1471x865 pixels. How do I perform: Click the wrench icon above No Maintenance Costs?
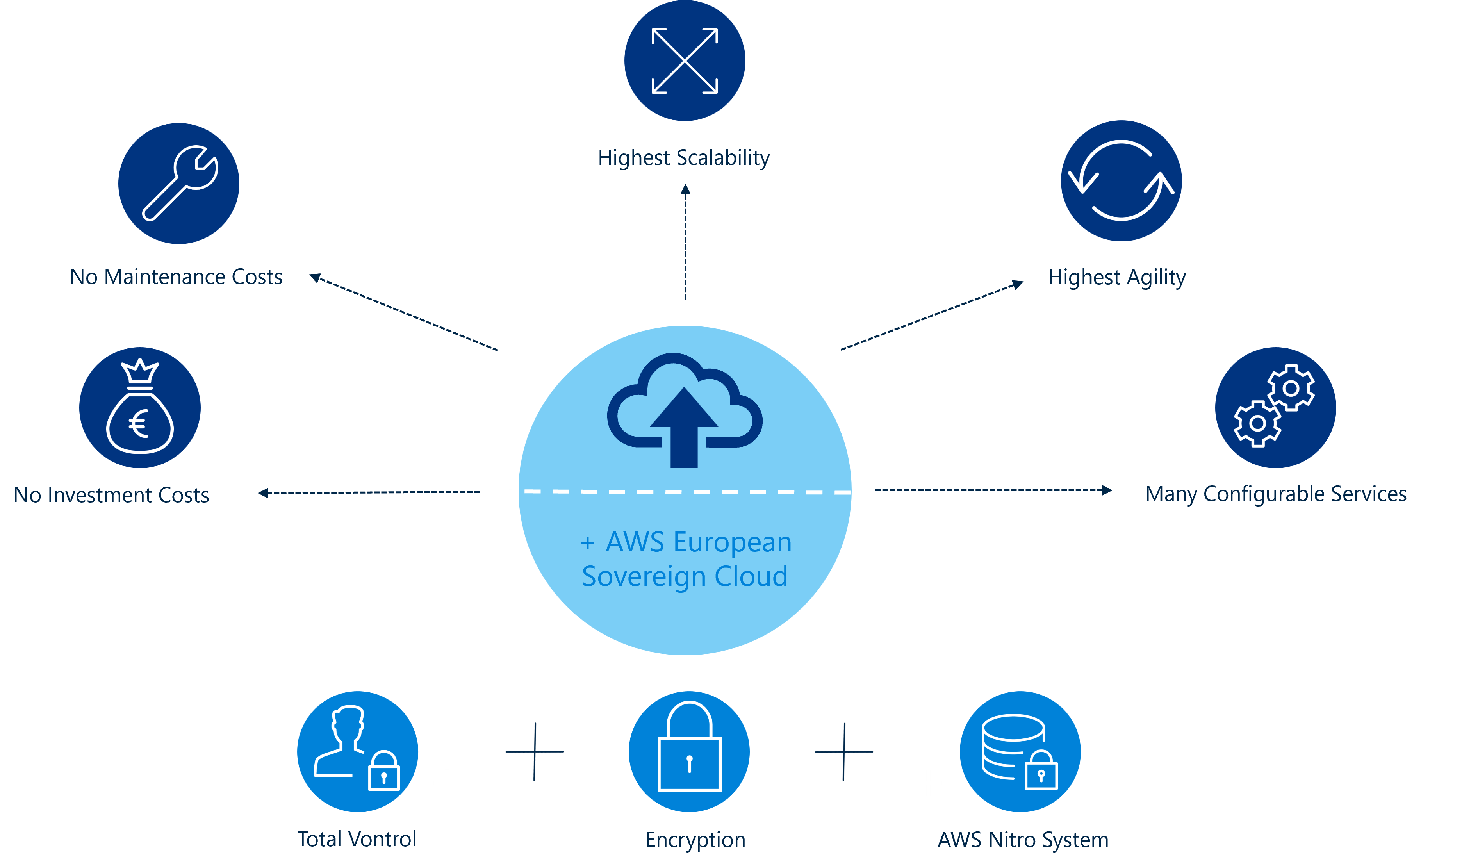(179, 183)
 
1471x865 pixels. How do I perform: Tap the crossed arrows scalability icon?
(685, 61)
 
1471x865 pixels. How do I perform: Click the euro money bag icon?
(140, 407)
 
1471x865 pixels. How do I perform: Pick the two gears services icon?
(1275, 407)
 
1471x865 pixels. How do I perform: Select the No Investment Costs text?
(112, 495)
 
